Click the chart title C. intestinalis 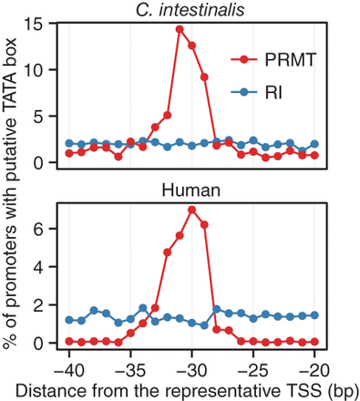[191, 9]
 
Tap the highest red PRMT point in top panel [180, 29]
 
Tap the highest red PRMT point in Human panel [191, 210]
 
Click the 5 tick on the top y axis [49, 116]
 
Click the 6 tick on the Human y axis [49, 229]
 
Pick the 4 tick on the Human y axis [49, 267]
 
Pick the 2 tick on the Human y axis [49, 305]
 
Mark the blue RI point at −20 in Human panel [314, 314]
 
